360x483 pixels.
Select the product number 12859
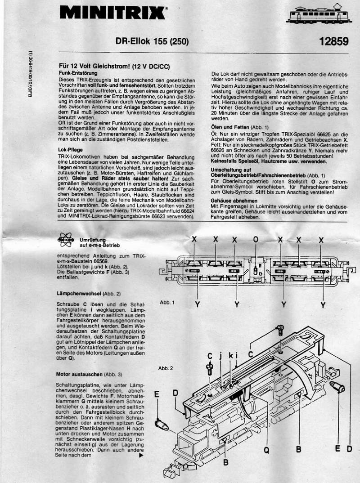click(x=333, y=42)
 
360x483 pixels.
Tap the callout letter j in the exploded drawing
click(x=220, y=355)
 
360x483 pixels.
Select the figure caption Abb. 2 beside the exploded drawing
click(x=166, y=368)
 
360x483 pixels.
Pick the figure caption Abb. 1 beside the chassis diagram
click(x=166, y=302)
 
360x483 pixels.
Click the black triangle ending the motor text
click(x=142, y=455)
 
